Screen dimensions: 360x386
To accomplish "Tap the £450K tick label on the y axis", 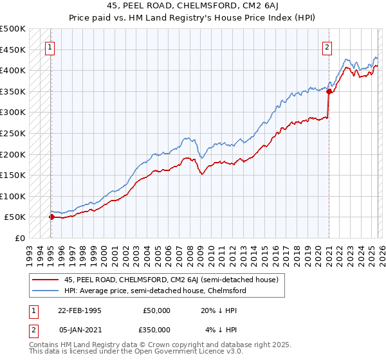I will pos(13,50).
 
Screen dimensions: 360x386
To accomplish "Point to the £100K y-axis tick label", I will pos(13,196).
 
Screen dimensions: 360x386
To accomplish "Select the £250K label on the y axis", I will pos(13,133).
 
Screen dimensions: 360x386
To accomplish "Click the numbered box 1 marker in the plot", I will pos(50,46).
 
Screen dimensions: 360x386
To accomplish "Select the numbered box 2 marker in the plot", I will pos(327,46).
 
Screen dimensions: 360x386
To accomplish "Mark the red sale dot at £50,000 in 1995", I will pos(51,217).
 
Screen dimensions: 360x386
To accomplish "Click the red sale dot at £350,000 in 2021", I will pos(329,91).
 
